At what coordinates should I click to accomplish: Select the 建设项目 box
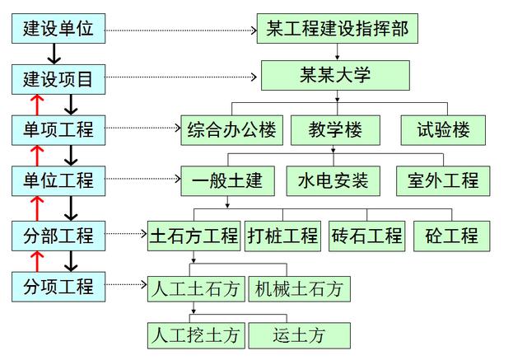pos(58,80)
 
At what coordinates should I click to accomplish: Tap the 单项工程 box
pos(58,129)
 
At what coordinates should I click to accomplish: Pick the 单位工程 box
pos(58,180)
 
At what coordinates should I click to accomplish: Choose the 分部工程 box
pos(58,236)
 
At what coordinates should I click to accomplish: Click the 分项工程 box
pos(58,288)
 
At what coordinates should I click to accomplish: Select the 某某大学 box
pos(336,76)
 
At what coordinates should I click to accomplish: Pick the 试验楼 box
pos(442,129)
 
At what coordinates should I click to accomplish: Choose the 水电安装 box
pos(333,180)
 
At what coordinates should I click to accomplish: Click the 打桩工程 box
pos(282,236)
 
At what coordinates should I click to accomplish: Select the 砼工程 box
pos(452,236)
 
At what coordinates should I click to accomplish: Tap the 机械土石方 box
pos(298,289)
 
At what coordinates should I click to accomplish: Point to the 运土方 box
pos(298,335)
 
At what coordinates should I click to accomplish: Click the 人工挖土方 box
pos(194,335)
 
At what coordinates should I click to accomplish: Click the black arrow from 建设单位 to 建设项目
pos(54,54)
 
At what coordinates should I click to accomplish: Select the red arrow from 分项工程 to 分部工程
pos(36,261)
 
